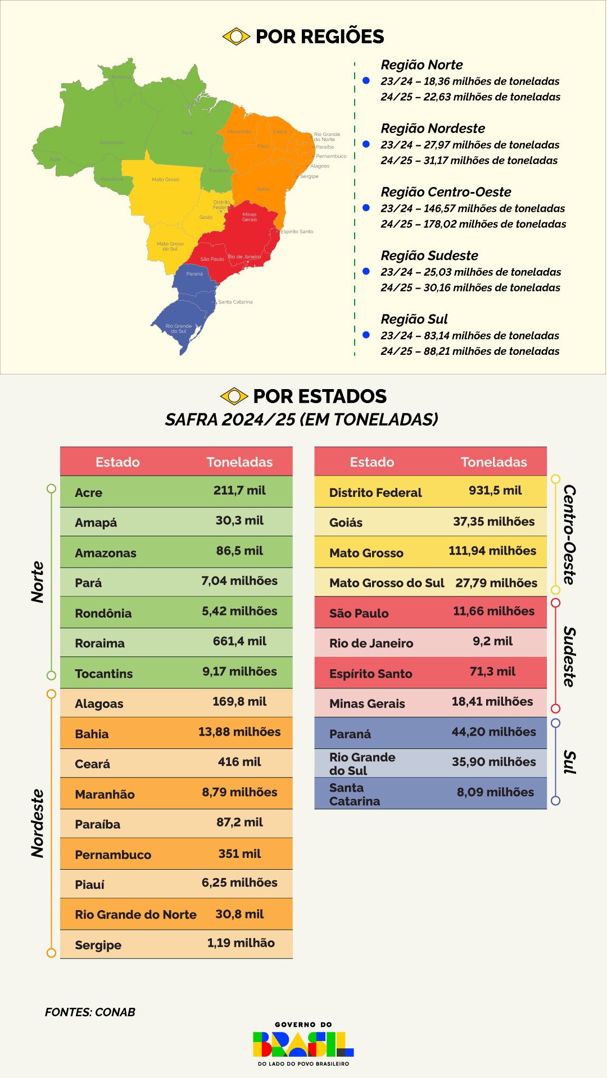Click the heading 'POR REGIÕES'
coord(319,36)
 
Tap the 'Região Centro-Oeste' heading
coord(446,192)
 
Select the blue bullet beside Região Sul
coord(366,335)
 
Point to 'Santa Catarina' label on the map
coord(235,302)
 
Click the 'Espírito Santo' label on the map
coord(297,231)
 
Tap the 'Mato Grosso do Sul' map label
coord(170,246)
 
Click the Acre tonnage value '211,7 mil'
coord(239,490)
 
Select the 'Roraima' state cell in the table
coord(100,643)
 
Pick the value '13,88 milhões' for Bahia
coord(239,732)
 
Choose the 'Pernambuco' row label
coord(113,855)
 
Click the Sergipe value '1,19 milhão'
coord(241,943)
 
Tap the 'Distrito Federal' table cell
coord(375,492)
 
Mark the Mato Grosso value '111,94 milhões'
coord(492,551)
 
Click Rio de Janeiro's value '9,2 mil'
coord(492,641)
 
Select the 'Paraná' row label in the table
coord(350,734)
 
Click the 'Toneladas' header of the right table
coord(493,462)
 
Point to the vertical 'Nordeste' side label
coord(38,823)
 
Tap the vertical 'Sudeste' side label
coord(569,657)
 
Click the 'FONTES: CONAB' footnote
coord(90,1012)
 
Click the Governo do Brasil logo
coord(303,1044)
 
